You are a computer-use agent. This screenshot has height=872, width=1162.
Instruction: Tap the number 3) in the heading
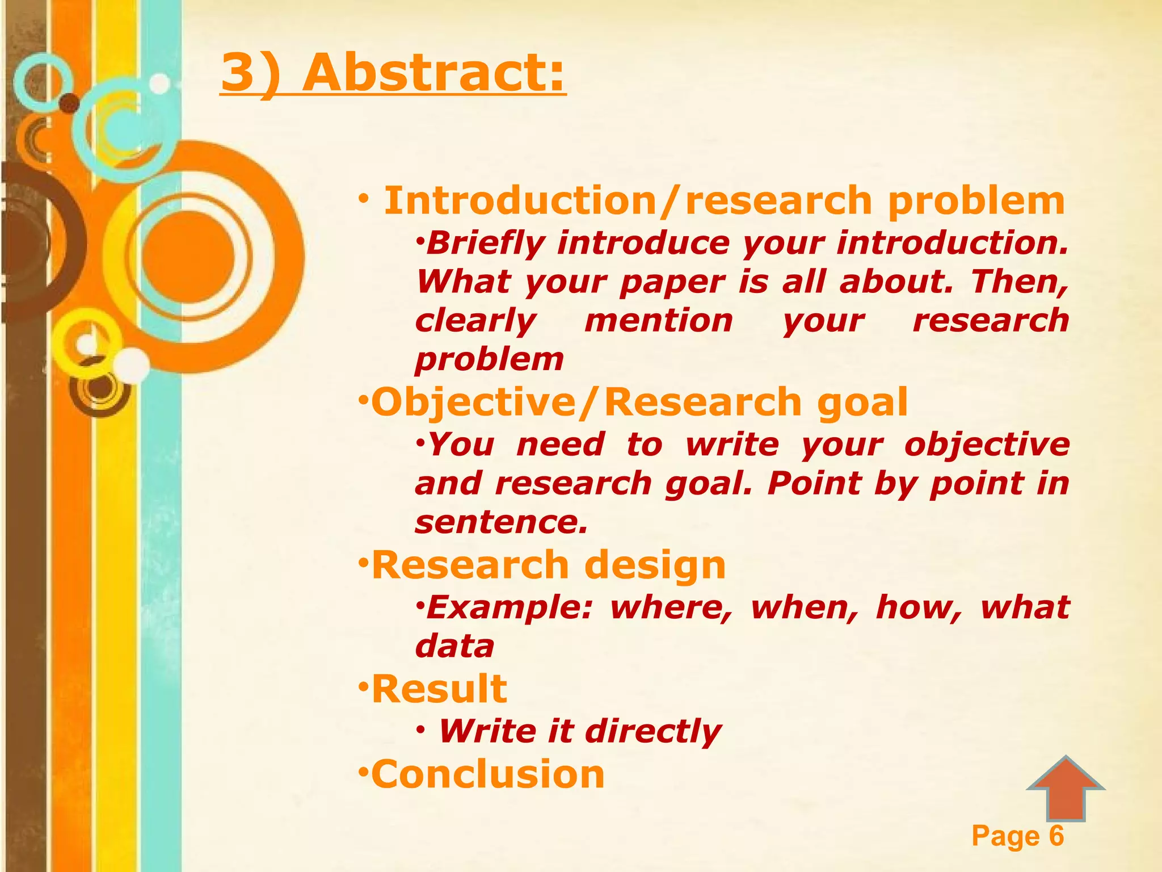coord(250,74)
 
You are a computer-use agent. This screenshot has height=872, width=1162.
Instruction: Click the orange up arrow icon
coord(1066,789)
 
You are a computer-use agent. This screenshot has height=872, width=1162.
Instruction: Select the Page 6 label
coord(1017,836)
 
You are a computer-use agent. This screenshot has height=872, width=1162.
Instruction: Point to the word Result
coord(439,689)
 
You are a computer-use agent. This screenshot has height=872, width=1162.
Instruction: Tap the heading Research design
coord(548,565)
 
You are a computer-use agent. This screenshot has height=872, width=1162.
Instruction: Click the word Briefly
coord(486,244)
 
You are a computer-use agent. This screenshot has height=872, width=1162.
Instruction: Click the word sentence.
coord(501,522)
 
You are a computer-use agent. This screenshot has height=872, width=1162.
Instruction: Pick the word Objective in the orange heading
coord(473,402)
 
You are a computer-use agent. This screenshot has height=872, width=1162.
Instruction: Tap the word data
coord(454,646)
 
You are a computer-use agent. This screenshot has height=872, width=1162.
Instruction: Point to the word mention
coord(659,321)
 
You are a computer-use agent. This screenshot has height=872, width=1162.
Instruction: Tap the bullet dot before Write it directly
coord(420,730)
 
